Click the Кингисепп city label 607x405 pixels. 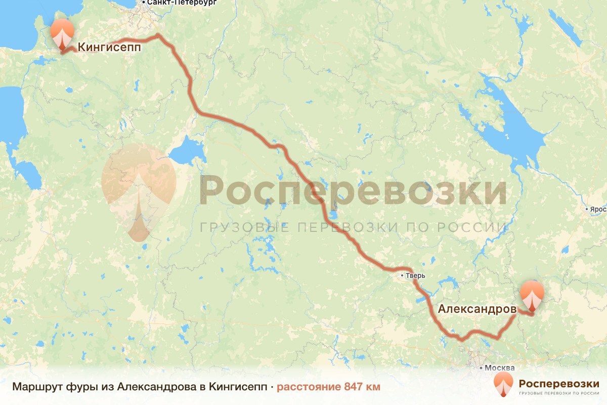pyautogui.click(x=109, y=48)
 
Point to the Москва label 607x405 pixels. pyautogui.click(x=499, y=368)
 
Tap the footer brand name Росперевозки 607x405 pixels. pyautogui.click(x=558, y=382)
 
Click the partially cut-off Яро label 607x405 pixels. pyautogui.click(x=598, y=209)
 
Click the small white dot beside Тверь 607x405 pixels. pyautogui.click(x=402, y=276)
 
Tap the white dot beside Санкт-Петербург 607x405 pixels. pyautogui.click(x=144, y=2)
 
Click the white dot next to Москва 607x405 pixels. pyautogui.click(x=481, y=368)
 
